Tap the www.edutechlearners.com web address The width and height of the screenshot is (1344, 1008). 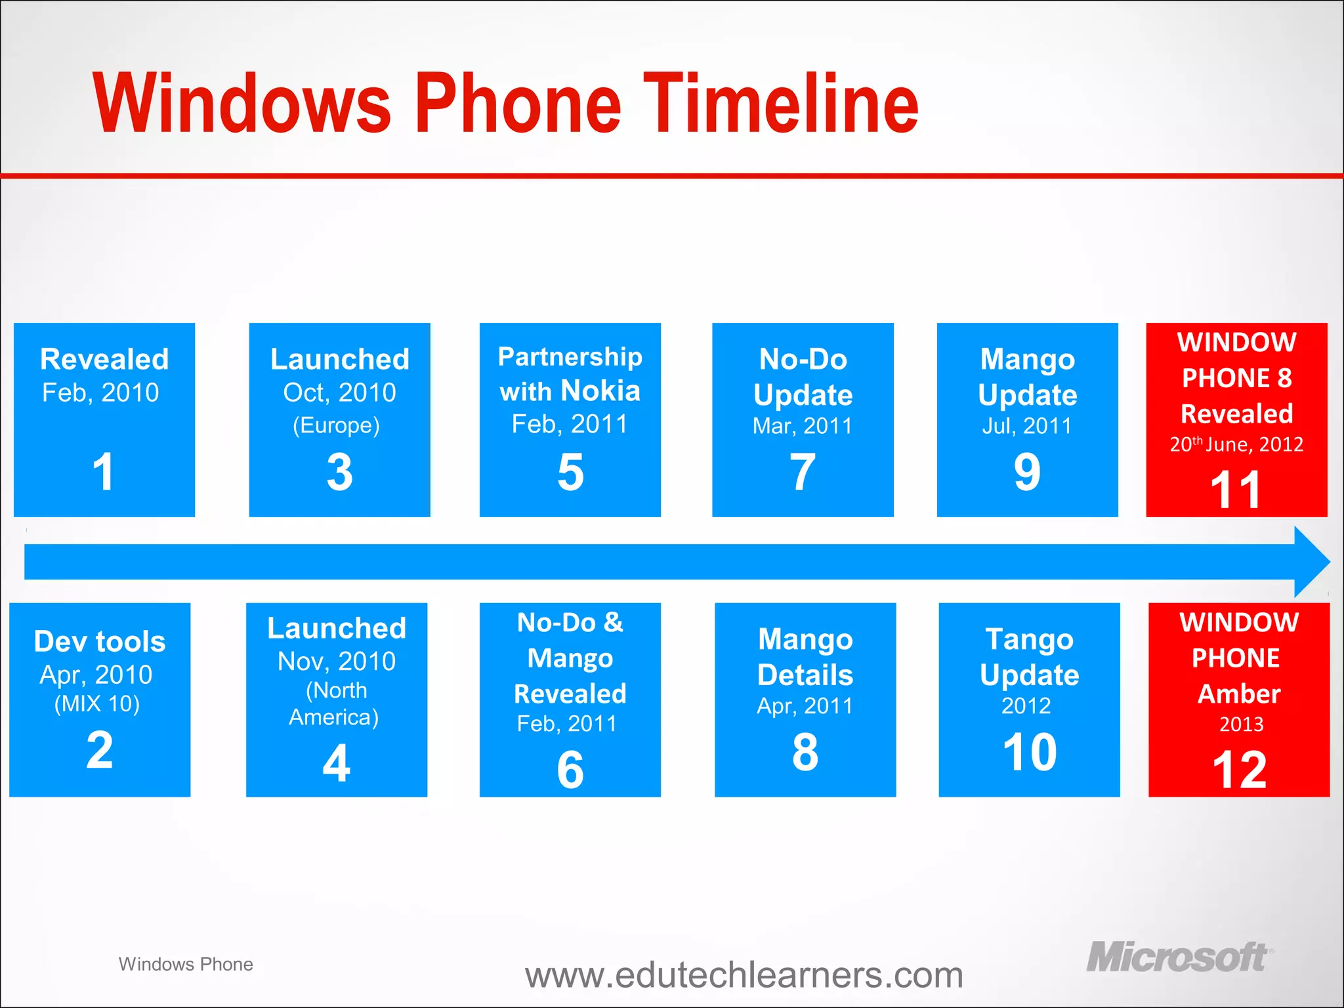point(744,975)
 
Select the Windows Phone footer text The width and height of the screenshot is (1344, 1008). point(186,964)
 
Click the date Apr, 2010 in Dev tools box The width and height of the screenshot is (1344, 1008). point(96,675)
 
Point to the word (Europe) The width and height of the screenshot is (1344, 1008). point(336,425)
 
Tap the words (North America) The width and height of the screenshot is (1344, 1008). point(335,703)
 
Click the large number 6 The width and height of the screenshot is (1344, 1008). point(570,770)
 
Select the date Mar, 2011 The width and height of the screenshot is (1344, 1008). point(802,426)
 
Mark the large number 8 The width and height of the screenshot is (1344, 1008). point(805,752)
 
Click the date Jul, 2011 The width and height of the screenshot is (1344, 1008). point(1027,426)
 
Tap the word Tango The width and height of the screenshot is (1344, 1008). point(1029,639)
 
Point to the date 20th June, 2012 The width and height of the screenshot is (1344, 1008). point(1236,444)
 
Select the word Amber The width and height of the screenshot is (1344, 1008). point(1239,694)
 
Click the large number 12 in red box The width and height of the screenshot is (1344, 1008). point(1239,770)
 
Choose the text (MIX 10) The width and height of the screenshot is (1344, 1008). point(97,703)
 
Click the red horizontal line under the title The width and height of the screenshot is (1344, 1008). point(672,176)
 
